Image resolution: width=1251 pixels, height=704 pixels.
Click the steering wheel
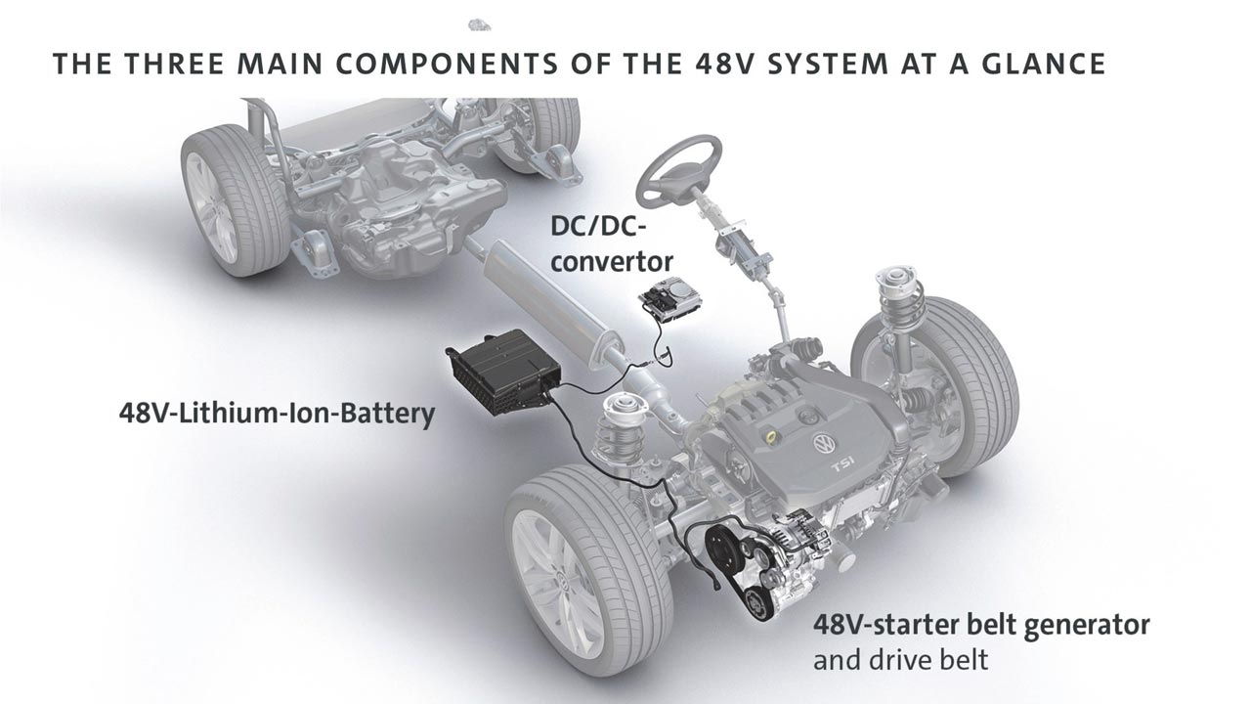tap(648, 185)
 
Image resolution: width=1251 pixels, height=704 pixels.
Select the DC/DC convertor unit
tap(670, 302)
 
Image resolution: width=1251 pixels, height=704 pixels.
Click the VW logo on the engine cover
tap(824, 444)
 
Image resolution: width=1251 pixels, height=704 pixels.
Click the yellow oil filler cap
tap(771, 436)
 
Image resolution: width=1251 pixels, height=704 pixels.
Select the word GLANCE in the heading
tap(1044, 64)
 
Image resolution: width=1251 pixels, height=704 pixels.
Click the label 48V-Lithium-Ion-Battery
tap(277, 414)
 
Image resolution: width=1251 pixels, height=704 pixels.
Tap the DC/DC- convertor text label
tap(612, 244)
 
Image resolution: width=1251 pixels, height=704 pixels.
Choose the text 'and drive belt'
tap(900, 660)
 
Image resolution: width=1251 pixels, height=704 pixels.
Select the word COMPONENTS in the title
tap(447, 64)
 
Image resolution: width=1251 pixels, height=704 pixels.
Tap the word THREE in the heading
tap(174, 64)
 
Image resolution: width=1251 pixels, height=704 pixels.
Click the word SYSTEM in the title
tap(828, 64)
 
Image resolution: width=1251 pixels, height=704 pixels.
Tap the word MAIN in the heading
tap(280, 64)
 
